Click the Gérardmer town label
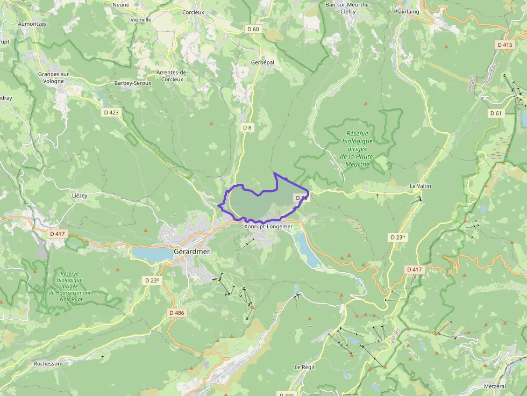[191, 251]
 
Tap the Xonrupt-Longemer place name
[268, 226]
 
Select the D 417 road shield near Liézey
[57, 234]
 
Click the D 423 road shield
[111, 112]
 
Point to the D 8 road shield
[247, 127]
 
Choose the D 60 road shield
[253, 30]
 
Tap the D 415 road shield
[505, 45]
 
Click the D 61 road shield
[495, 113]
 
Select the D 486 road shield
[176, 313]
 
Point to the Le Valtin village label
[420, 186]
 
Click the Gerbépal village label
[262, 62]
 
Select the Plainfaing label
[407, 11]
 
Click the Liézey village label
[79, 196]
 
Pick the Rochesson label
[47, 363]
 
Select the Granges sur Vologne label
[54, 78]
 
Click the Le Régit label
[304, 367]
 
